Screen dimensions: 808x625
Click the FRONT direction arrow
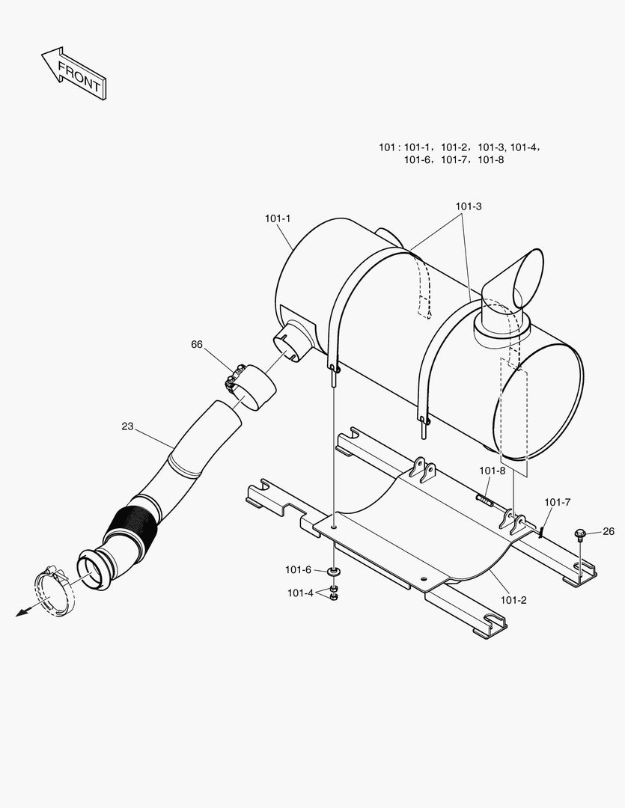(73, 73)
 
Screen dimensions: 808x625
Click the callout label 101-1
(278, 218)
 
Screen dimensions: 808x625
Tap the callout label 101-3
(468, 206)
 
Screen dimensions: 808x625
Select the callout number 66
(197, 344)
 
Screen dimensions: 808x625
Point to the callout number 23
(127, 426)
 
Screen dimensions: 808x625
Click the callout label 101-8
(493, 471)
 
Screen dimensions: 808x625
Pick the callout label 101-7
(558, 502)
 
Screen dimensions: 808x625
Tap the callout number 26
(609, 531)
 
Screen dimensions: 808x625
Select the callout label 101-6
(298, 570)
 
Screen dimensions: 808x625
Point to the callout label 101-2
(513, 599)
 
